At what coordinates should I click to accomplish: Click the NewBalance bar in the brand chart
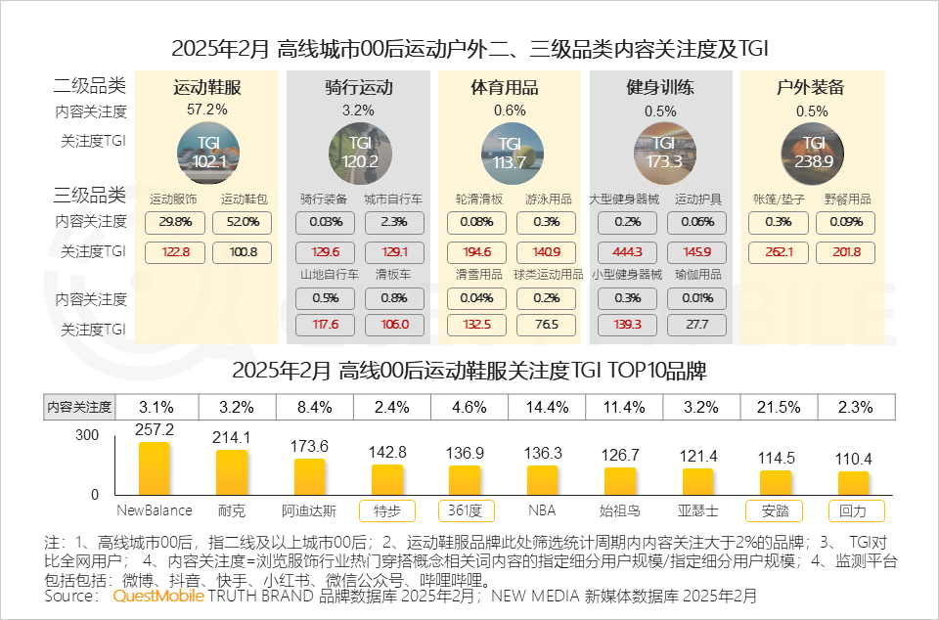click(x=154, y=470)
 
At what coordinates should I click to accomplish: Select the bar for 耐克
click(x=232, y=474)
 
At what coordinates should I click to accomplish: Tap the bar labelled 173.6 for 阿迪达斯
click(x=309, y=478)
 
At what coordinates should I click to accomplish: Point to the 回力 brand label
click(x=856, y=510)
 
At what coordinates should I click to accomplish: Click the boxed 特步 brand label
click(x=387, y=510)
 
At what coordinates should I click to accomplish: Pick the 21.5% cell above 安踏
click(x=779, y=406)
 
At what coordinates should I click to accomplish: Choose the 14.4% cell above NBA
click(x=543, y=406)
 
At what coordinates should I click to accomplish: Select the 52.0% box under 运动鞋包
click(x=242, y=222)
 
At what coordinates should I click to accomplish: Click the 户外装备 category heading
click(x=812, y=88)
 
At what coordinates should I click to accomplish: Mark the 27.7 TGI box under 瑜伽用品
click(x=698, y=325)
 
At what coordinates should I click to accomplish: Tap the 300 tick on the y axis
click(x=89, y=434)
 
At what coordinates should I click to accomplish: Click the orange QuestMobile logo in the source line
click(x=158, y=595)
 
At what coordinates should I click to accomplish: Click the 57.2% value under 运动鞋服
click(x=206, y=110)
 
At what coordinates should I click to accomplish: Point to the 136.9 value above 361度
click(x=465, y=454)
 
